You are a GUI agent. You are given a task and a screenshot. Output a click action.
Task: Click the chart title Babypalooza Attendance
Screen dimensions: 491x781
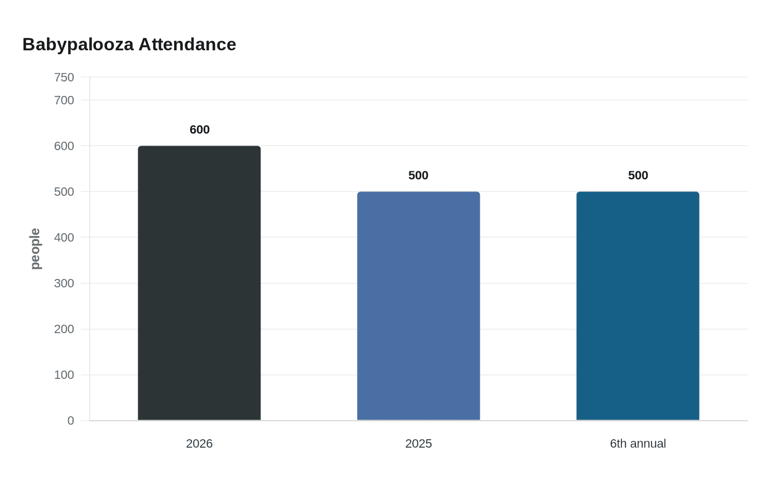coord(129,44)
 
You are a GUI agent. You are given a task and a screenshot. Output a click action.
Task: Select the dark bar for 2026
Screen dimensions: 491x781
coord(199,283)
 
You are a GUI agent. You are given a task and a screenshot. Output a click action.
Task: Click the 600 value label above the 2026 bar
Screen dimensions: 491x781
coord(199,129)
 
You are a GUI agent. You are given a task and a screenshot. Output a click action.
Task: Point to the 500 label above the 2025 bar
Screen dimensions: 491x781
coord(418,175)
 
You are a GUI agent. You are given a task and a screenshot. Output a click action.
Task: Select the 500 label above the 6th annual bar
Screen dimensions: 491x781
coord(638,175)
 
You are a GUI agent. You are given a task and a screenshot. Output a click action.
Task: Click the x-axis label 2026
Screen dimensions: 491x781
coord(199,444)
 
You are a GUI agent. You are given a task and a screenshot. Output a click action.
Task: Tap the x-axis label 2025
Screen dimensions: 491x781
coord(418,444)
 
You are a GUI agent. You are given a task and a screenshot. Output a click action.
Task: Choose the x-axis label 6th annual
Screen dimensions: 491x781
coord(638,444)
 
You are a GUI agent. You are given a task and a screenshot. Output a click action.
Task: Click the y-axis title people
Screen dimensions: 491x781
coord(35,249)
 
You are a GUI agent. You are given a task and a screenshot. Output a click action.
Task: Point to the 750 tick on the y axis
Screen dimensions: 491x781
coord(64,78)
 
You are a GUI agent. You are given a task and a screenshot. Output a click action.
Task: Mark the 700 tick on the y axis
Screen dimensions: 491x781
coord(64,100)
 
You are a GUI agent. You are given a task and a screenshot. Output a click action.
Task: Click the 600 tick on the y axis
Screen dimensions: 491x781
coord(64,146)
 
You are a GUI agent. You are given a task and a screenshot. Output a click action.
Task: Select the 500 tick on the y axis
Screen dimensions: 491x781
coord(64,192)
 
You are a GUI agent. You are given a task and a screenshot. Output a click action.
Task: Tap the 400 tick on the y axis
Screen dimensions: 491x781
coord(64,238)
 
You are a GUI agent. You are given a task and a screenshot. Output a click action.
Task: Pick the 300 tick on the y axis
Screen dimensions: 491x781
coord(64,283)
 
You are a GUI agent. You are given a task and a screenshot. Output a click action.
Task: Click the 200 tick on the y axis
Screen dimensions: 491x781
coord(64,329)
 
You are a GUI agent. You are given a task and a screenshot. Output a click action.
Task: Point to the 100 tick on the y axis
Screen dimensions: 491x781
coord(64,375)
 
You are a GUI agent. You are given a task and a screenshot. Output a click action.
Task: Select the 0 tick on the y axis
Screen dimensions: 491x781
coord(70,421)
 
